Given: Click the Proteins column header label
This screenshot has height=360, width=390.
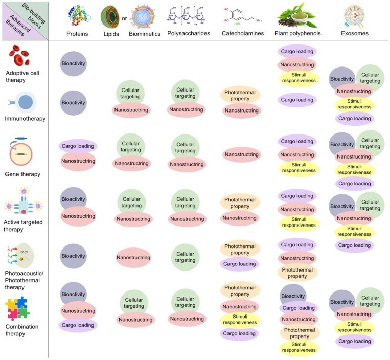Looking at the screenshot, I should pos(77,34).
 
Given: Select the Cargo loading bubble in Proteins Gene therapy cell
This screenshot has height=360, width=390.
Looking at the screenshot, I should pos(78,146).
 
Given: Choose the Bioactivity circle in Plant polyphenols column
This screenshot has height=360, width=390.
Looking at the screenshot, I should pos(293,296).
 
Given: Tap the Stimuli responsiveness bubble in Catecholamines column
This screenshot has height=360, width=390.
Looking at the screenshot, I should pos(240,320).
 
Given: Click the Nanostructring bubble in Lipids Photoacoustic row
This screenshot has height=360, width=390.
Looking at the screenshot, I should pos(133,257).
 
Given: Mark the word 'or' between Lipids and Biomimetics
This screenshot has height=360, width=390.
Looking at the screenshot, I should pos(125,34).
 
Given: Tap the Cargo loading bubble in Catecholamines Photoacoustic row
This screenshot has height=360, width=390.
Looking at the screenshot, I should pos(240,264).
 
